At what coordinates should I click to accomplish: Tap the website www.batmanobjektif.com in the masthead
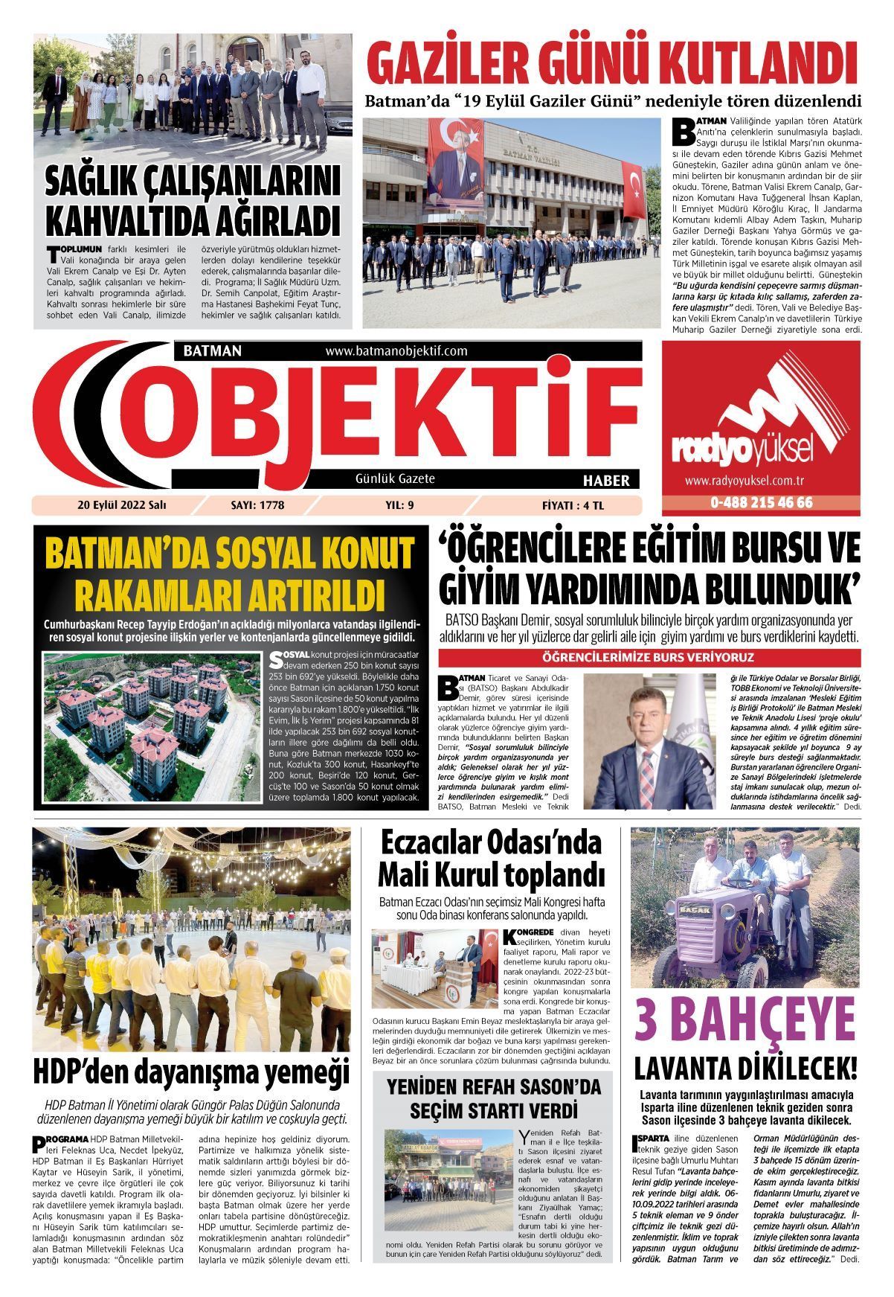click(x=396, y=350)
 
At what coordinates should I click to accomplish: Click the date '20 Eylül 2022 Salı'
click(x=122, y=505)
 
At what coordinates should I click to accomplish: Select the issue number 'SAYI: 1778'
click(x=258, y=505)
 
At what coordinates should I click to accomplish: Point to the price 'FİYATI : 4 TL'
click(x=573, y=505)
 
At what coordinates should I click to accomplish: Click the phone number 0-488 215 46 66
click(x=761, y=503)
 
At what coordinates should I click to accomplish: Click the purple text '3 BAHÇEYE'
click(x=745, y=1022)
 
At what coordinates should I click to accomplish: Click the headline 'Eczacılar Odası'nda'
click(x=490, y=844)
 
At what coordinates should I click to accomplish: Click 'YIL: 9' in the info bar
click(x=399, y=505)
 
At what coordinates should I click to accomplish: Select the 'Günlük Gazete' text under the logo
click(x=395, y=478)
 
